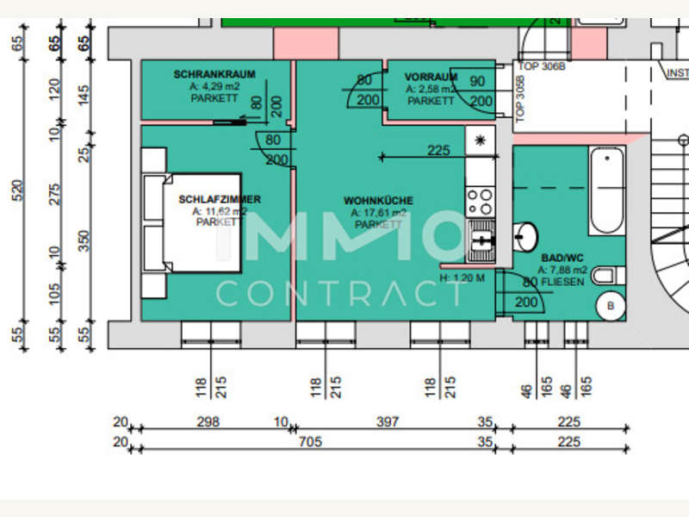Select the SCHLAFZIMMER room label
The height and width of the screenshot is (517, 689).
tap(220, 200)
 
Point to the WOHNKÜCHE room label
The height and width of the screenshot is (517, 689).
tap(378, 201)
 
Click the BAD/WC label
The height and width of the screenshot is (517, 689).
tap(562, 258)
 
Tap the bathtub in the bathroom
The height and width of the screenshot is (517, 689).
tap(607, 190)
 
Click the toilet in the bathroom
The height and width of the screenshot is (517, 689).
tap(607, 276)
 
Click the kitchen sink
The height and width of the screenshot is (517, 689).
tap(480, 240)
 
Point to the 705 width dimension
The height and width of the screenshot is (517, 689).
tap(310, 443)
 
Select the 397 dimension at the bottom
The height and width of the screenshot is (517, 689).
tap(388, 422)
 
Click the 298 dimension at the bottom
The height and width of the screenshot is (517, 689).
tap(208, 422)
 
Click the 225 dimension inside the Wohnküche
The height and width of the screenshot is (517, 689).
tap(438, 150)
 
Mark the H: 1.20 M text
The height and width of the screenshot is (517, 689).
tap(462, 278)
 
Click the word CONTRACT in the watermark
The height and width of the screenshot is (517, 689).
tap(339, 293)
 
